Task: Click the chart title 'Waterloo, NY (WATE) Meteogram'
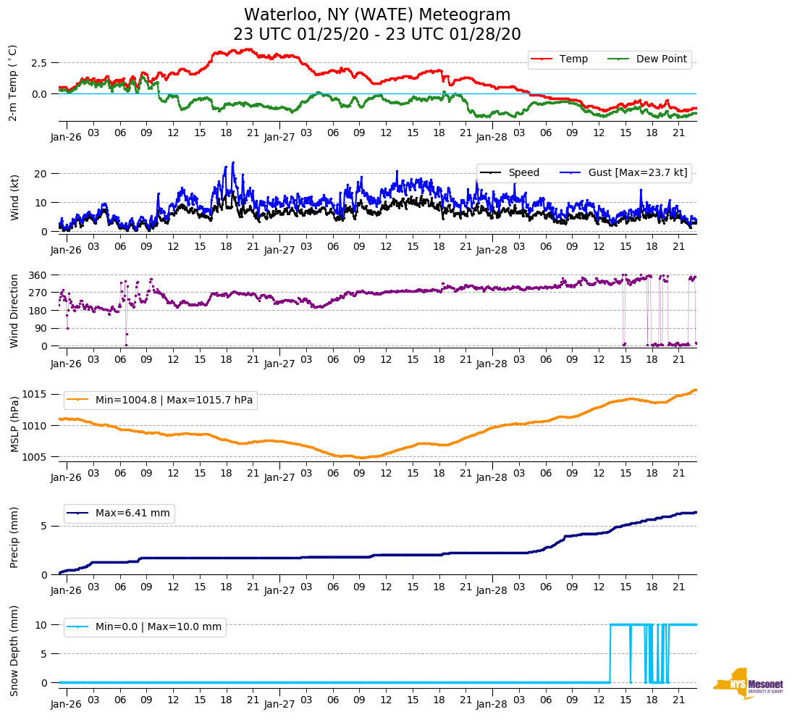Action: [376, 14]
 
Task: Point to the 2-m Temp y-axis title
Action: [12, 82]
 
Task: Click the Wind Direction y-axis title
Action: [14, 311]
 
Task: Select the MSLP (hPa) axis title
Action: [14, 425]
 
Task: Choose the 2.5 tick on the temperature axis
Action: [39, 63]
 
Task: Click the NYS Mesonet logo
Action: [748, 683]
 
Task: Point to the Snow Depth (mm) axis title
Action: [14, 650]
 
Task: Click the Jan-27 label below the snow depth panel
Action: [279, 704]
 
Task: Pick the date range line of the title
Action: [376, 35]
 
